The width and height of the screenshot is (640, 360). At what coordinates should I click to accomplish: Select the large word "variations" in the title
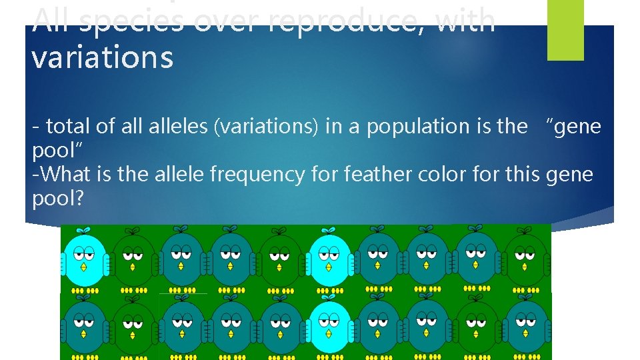[102, 57]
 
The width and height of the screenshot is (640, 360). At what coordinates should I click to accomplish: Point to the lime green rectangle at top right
[565, 29]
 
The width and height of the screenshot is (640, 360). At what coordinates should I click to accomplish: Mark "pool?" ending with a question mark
[57, 199]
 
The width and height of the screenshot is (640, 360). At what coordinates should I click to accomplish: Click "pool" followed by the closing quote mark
[53, 151]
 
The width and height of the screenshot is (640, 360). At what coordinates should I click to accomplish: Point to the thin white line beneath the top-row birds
[183, 293]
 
